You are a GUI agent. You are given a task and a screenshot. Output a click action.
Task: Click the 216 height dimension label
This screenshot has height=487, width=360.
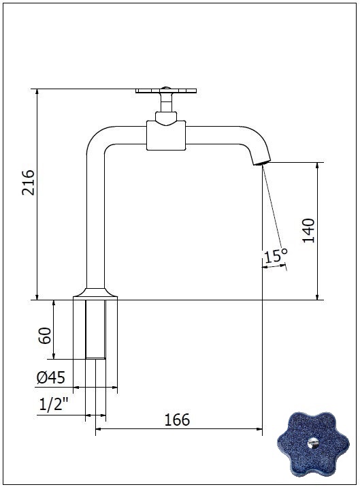tap(28, 183)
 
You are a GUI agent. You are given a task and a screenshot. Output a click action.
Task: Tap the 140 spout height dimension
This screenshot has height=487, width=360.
tap(308, 230)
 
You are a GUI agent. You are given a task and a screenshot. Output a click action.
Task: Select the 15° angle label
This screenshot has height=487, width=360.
tap(276, 255)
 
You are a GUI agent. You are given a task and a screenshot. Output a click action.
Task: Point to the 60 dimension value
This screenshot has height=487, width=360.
tap(45, 335)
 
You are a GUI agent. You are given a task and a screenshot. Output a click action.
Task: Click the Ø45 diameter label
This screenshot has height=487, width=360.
tap(51, 377)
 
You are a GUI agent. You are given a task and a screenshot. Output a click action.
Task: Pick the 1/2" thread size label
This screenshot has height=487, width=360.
tap(54, 405)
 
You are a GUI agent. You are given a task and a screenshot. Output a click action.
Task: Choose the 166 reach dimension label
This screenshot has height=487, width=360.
tap(177, 420)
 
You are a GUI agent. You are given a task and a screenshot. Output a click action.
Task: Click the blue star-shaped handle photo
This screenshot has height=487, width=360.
tap(313, 444)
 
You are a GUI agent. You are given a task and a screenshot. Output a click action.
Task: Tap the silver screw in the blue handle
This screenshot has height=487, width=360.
tap(312, 443)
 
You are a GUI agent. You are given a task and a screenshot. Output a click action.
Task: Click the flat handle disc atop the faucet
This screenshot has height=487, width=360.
tap(166, 91)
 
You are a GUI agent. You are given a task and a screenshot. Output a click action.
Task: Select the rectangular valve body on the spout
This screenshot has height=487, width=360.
tap(166, 136)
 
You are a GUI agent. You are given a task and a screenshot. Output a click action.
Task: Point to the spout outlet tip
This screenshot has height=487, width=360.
tap(261, 163)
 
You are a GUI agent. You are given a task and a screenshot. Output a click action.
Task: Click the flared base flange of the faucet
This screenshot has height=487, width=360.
tap(95, 293)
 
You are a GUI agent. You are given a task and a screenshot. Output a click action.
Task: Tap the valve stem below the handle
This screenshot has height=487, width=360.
tap(166, 102)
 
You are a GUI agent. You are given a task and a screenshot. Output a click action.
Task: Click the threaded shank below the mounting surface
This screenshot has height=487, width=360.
tap(95, 330)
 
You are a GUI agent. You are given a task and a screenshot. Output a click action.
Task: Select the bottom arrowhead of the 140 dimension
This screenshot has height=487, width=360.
tap(317, 297)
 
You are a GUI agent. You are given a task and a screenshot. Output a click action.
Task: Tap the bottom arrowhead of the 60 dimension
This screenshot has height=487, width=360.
tap(54, 356)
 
